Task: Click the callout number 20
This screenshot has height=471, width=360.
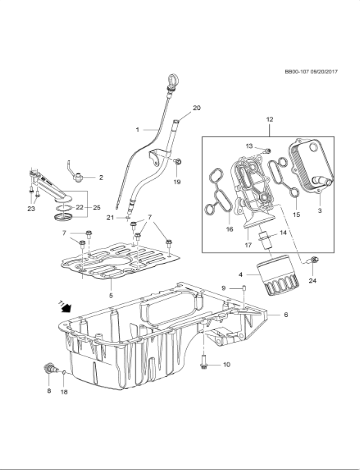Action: pos(196,107)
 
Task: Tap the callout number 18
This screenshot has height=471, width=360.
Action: pos(65,393)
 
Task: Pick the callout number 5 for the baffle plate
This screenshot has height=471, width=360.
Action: pos(111,296)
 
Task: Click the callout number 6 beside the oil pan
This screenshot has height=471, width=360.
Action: pos(285,315)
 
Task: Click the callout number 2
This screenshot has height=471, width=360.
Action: pos(101,177)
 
